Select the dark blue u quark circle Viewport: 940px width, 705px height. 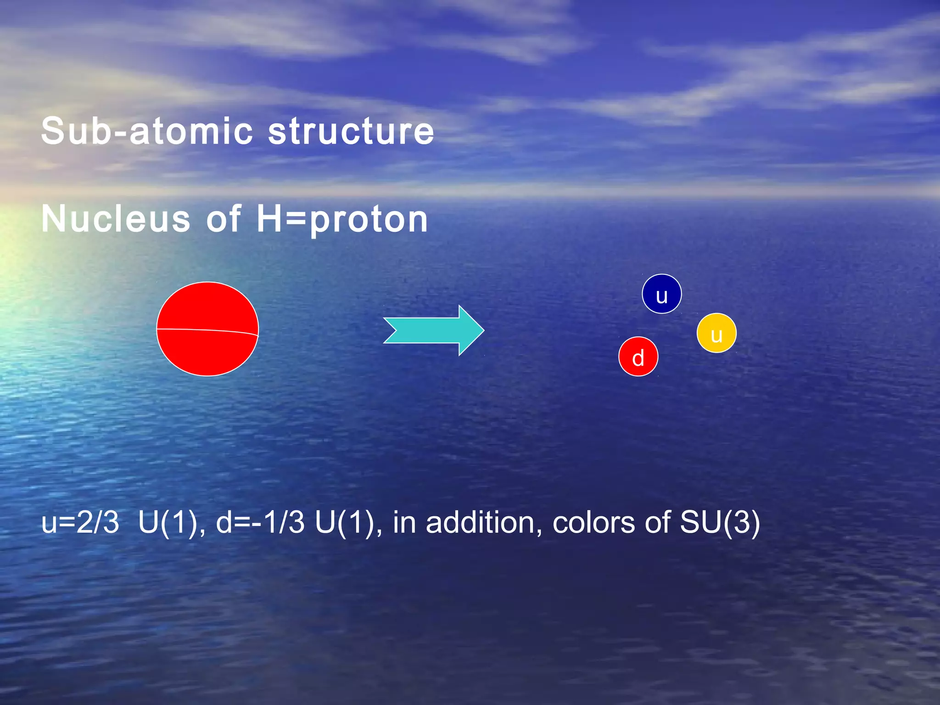point(661,294)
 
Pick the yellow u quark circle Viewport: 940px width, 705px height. point(716,333)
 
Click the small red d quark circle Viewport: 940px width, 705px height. point(638,357)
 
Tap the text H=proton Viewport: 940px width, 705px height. point(342,219)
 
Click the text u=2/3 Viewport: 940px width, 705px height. point(80,522)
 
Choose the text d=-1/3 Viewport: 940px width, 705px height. point(260,522)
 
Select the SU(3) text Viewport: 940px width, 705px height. point(719,522)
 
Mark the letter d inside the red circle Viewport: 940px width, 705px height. point(638,358)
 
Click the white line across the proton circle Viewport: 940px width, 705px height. point(207,330)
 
